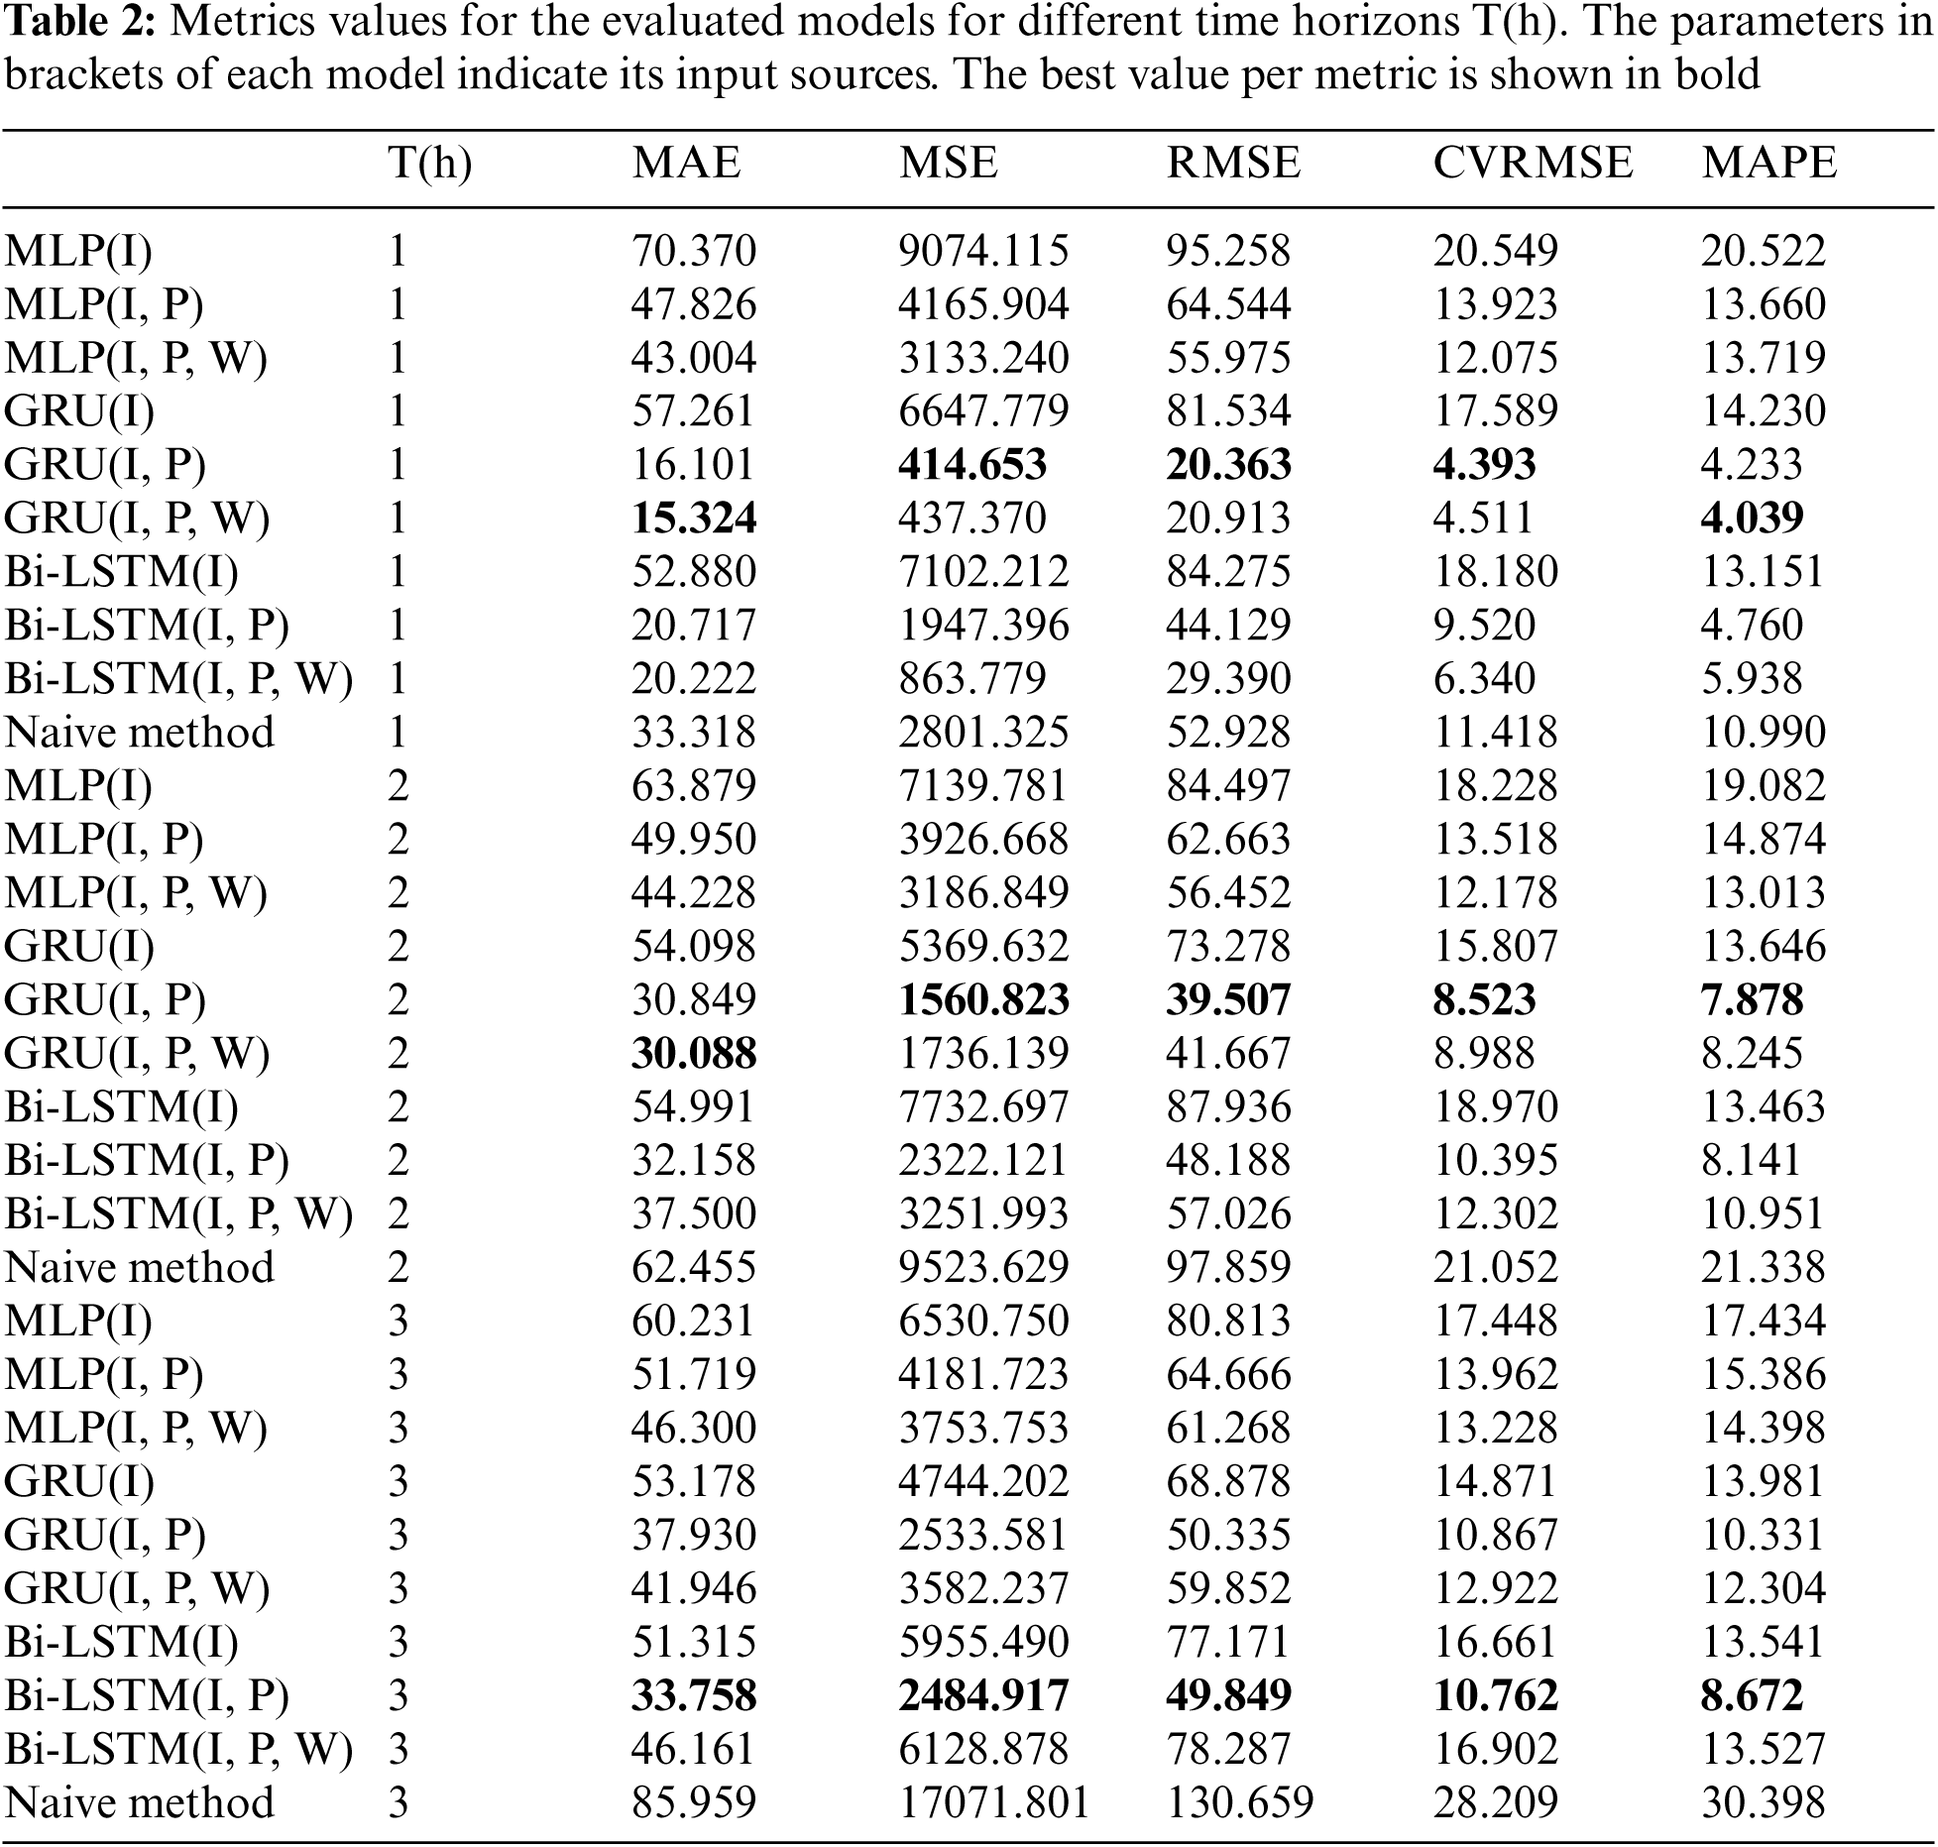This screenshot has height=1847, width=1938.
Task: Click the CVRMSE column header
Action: click(1532, 163)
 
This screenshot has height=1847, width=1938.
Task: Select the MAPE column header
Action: click(1769, 163)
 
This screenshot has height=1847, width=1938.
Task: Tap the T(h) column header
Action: click(430, 163)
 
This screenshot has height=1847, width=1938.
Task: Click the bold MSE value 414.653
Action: click(972, 464)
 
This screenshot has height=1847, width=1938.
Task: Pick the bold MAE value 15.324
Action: click(694, 518)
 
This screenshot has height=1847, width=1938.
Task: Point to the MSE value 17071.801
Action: click(994, 1802)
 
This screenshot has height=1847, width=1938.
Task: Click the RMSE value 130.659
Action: click(1239, 1802)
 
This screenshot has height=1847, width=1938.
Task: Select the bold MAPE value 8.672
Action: click(1752, 1695)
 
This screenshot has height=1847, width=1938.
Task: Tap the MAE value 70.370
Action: click(694, 250)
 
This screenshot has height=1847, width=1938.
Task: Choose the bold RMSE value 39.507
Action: click(1228, 999)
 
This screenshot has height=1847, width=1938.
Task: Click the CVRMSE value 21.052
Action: click(1495, 1267)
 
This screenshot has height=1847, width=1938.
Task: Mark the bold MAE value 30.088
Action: click(694, 1053)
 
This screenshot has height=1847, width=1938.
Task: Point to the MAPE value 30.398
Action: click(1764, 1802)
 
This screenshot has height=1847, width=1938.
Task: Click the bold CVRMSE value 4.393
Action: click(1484, 464)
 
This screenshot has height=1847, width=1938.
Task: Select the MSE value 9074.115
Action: click(983, 250)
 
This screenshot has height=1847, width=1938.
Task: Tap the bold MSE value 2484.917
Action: click(983, 1695)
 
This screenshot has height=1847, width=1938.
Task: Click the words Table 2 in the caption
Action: click(79, 24)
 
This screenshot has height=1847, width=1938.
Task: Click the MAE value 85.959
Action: click(694, 1802)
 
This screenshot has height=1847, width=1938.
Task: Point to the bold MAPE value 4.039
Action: click(1752, 518)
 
